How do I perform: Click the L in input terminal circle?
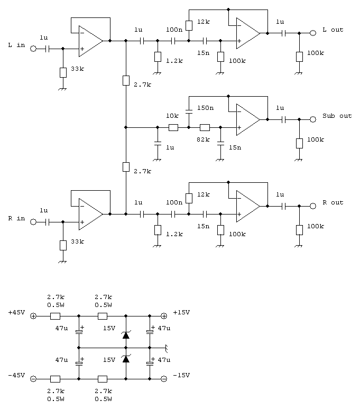click(x=34, y=49)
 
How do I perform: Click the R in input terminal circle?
click(x=34, y=222)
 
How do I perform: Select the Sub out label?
click(x=337, y=116)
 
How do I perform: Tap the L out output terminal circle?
click(x=313, y=33)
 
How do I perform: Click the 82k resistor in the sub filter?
click(x=205, y=127)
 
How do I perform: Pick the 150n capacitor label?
click(x=205, y=108)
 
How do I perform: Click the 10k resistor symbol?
click(x=173, y=127)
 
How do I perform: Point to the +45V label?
click(x=16, y=312)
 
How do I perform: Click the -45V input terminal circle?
click(x=34, y=379)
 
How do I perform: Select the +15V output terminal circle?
click(x=164, y=316)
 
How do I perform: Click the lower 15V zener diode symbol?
click(x=126, y=359)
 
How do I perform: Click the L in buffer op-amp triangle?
click(x=90, y=41)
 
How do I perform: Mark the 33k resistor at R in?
click(x=63, y=245)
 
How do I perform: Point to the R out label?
click(x=333, y=203)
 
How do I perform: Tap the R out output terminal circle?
click(x=313, y=206)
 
